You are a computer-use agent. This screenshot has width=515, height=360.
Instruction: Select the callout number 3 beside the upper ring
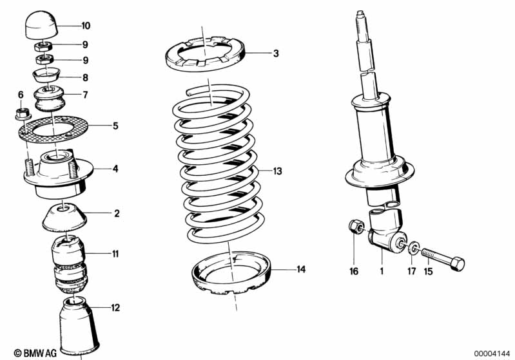(276, 53)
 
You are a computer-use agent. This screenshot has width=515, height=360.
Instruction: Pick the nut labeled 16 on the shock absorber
(355, 227)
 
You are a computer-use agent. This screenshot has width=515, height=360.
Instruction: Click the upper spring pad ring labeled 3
(204, 57)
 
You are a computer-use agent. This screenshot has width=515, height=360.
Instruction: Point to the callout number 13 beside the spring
(278, 171)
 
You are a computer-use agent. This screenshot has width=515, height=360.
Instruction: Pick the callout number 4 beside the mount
(115, 169)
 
